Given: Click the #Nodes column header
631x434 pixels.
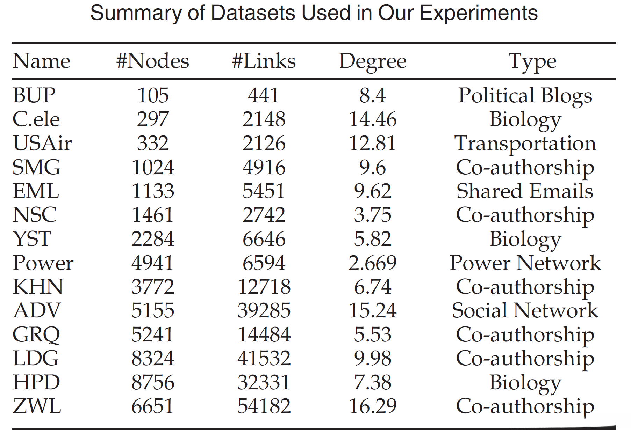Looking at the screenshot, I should [152, 61].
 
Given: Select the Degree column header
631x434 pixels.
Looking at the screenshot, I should [373, 62].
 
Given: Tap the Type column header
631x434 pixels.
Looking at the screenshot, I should [532, 62].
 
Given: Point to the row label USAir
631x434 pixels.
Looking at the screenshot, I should [42, 144].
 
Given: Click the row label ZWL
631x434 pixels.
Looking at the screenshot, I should [37, 406].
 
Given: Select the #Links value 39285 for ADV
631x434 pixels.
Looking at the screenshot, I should [264, 311].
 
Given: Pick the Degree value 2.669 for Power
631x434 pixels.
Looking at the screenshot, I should [373, 263].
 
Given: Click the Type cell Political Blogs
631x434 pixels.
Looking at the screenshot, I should [525, 96].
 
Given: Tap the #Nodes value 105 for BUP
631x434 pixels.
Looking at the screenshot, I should [153, 96].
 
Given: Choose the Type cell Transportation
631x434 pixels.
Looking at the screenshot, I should [525, 144].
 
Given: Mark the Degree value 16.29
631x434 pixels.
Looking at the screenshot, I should [373, 406].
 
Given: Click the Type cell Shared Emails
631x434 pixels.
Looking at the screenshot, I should [525, 191].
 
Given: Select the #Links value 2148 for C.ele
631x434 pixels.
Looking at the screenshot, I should [264, 119].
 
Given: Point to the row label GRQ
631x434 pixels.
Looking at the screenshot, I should [36, 334].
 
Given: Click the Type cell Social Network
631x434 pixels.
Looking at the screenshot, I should [525, 311].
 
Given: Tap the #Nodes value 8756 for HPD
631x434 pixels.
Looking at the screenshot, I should [153, 382].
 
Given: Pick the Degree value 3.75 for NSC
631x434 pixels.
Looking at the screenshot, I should [373, 215].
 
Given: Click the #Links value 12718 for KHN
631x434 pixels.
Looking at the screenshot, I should [264, 287].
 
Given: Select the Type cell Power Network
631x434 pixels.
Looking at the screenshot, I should [525, 263].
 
